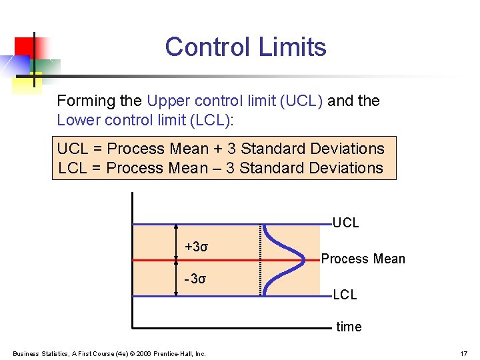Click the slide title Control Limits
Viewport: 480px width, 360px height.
pos(245,47)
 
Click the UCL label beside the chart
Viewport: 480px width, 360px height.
pos(345,223)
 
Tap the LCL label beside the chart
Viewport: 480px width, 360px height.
pos(345,294)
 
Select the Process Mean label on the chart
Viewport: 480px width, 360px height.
pos(363,259)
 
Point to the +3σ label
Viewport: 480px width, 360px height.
pos(197,247)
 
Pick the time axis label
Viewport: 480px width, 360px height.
pos(349,327)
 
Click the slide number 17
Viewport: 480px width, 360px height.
pos(463,353)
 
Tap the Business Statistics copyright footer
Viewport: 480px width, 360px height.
pos(109,353)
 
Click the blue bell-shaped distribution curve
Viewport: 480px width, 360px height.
pos(280,259)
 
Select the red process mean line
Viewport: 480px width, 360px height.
pos(220,259)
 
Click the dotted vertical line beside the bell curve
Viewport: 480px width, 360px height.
pos(259,259)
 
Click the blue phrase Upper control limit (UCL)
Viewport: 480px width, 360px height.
pos(235,101)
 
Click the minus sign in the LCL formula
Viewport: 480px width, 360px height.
pos(217,168)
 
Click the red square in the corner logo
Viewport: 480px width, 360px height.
pos(24,46)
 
